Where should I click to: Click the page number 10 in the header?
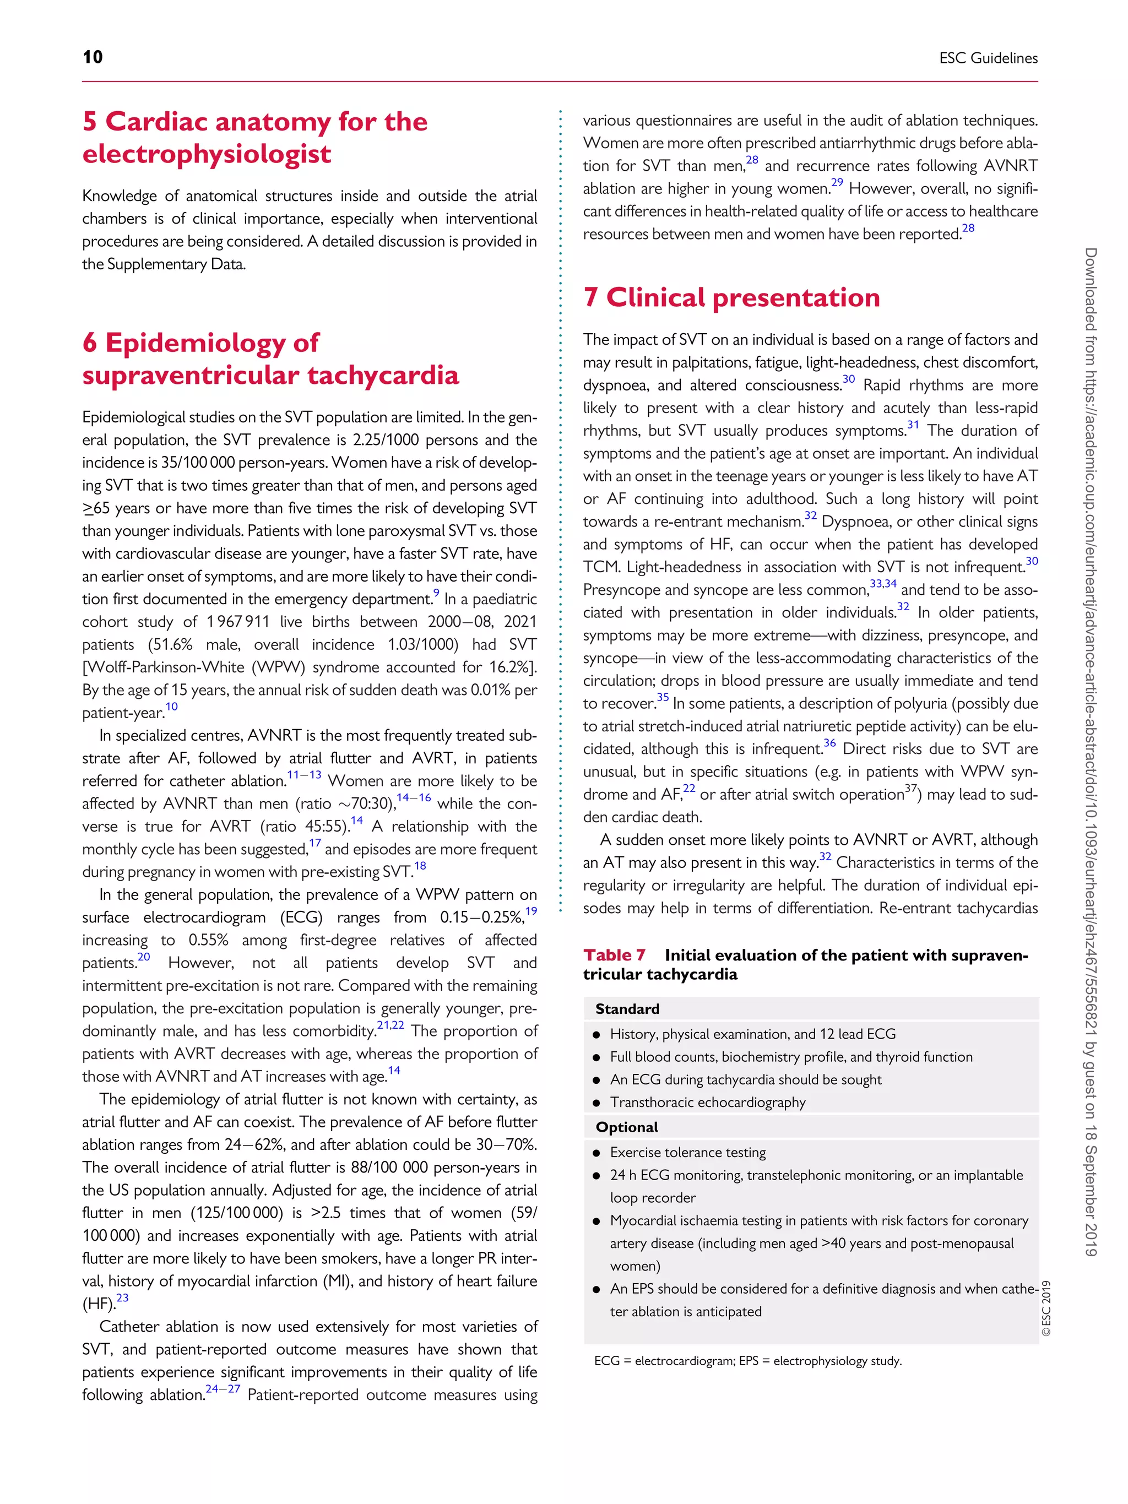(x=93, y=57)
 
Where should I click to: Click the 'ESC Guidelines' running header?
(x=988, y=58)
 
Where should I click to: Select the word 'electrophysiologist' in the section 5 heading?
(x=207, y=154)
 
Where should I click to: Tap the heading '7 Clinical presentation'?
(x=731, y=298)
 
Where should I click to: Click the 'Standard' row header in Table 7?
(x=627, y=1009)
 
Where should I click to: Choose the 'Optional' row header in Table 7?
(x=627, y=1127)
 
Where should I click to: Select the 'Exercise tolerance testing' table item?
(x=687, y=1153)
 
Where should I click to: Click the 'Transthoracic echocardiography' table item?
(x=707, y=1102)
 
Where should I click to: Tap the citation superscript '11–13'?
(x=304, y=775)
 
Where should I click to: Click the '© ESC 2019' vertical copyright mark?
(x=1046, y=1309)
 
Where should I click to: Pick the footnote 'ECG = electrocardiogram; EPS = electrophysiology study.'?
(x=748, y=1361)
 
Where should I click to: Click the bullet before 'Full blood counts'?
(x=596, y=1058)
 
